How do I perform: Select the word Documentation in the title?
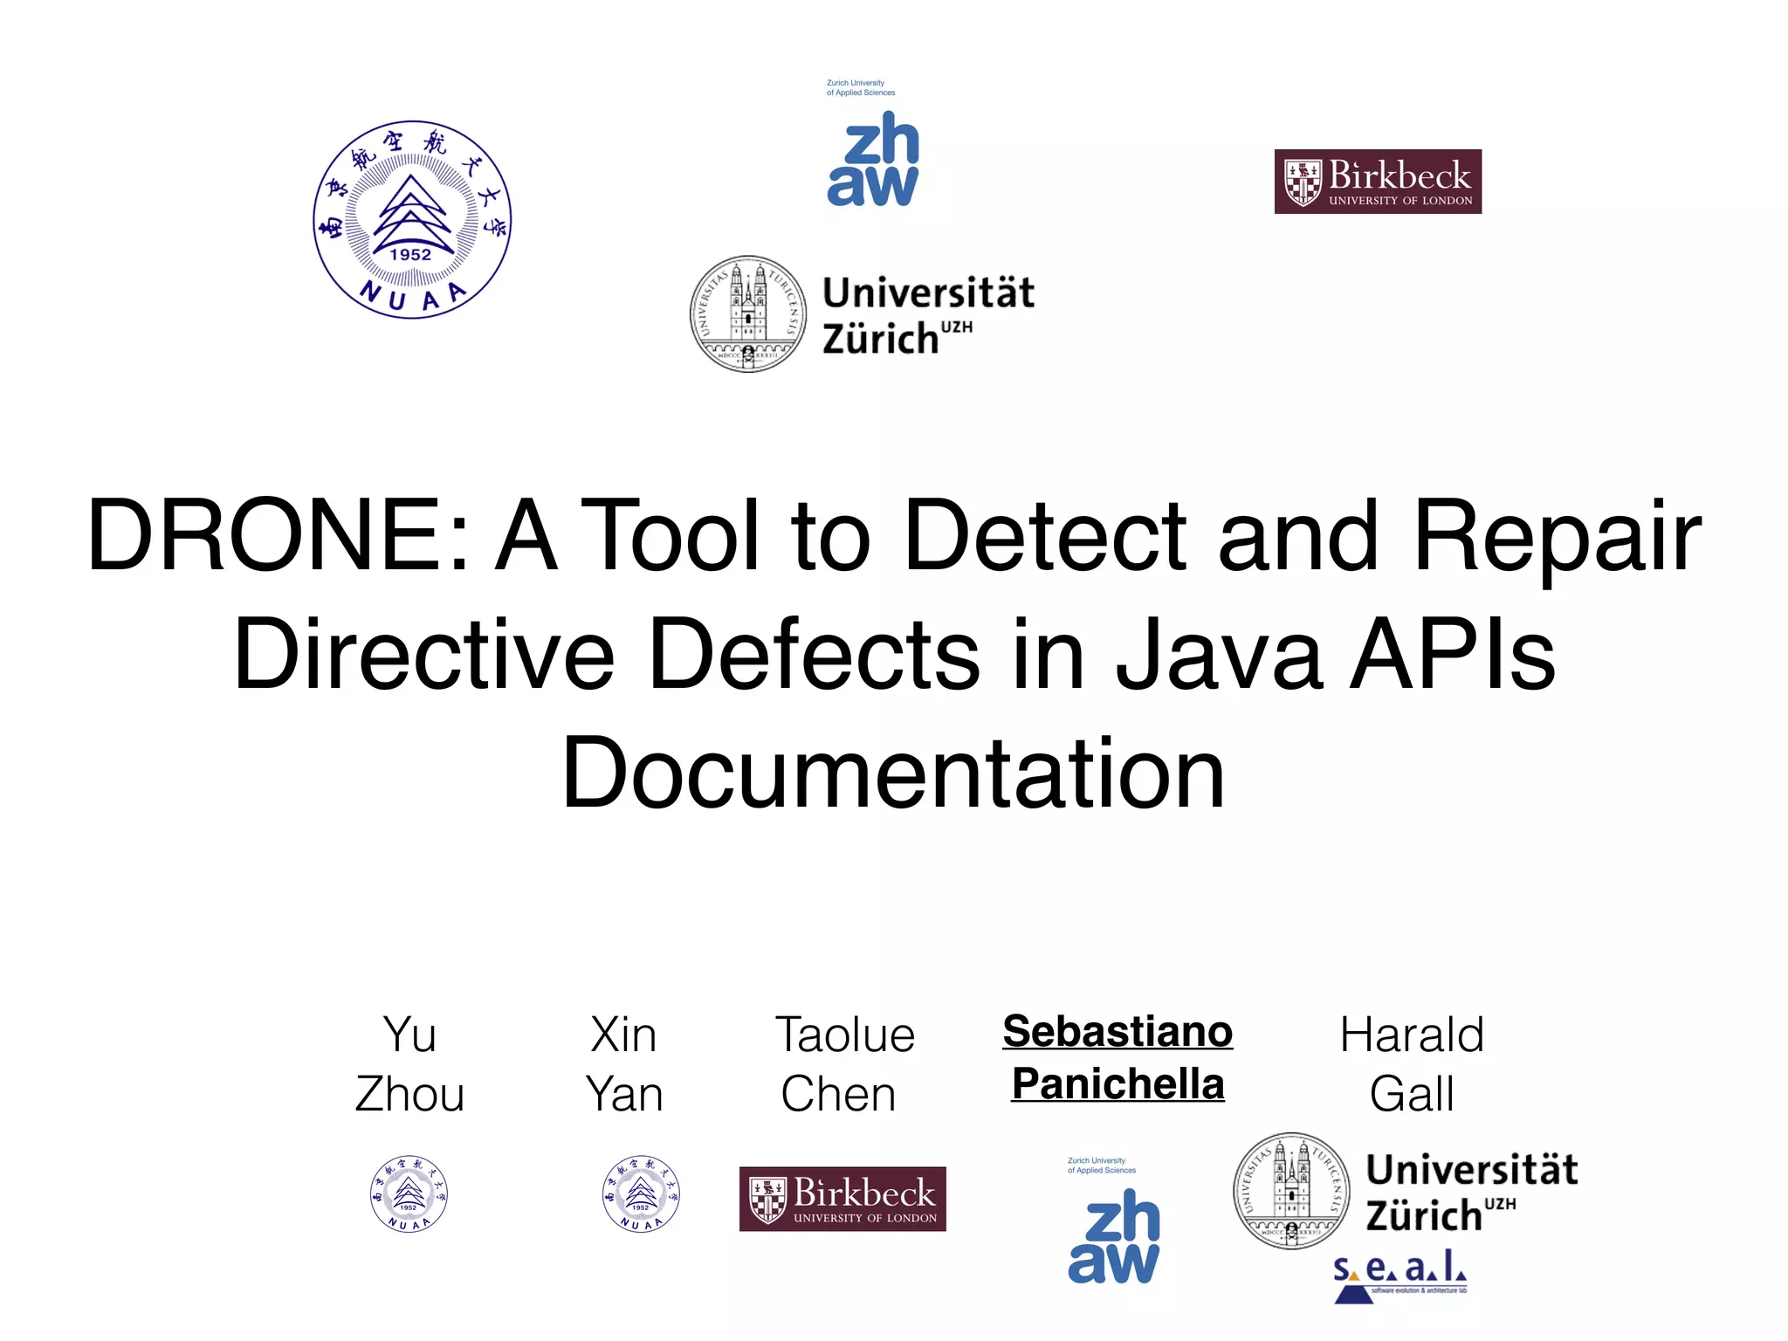(x=893, y=774)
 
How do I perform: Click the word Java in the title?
(x=1219, y=655)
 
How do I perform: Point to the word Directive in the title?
(x=424, y=655)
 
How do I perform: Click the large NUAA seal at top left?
(x=412, y=220)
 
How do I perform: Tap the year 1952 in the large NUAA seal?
(x=410, y=254)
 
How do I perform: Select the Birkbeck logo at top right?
(x=1378, y=182)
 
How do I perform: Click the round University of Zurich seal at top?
(x=748, y=314)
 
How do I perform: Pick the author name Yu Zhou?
(x=409, y=1063)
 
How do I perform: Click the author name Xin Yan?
(x=623, y=1063)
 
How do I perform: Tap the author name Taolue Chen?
(x=843, y=1063)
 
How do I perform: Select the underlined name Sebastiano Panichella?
(x=1117, y=1057)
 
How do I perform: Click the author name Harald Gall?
(x=1412, y=1063)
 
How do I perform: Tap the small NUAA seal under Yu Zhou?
(x=409, y=1193)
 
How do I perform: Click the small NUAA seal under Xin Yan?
(x=641, y=1193)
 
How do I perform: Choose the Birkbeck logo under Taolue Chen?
(x=842, y=1199)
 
